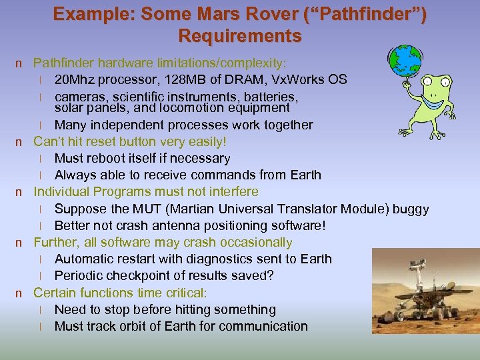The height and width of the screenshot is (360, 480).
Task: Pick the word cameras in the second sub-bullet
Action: [x=79, y=97]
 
